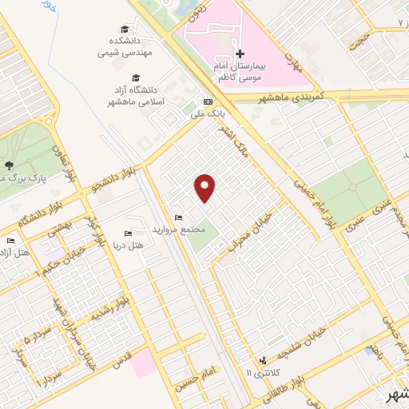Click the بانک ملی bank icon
pyautogui.click(x=208, y=102)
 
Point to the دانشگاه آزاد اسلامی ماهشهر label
pyautogui.click(x=137, y=97)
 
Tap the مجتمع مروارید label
pyautogui.click(x=183, y=229)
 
